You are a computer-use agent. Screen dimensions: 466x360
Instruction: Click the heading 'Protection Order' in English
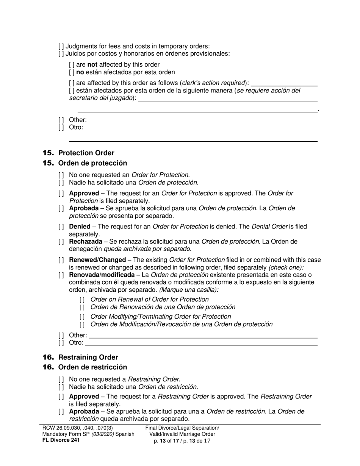[86, 153]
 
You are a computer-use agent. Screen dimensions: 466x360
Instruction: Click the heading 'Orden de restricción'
[92, 367]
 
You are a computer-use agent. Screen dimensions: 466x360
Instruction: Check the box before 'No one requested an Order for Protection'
[61, 175]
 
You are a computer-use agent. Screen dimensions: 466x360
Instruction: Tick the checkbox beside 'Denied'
[61, 227]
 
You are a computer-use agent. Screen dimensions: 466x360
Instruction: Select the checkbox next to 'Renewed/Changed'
[61, 260]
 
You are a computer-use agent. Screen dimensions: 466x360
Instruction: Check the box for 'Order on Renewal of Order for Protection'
[82, 300]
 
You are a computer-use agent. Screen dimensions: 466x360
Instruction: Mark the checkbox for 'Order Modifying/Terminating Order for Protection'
[82, 317]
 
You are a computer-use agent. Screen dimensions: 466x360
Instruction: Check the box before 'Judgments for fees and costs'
[61, 47]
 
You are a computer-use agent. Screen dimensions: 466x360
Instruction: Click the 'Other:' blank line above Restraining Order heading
[203, 336]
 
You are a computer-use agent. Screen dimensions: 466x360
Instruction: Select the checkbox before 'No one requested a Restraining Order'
[61, 379]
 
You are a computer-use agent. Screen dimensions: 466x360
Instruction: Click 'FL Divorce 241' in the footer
[61, 440]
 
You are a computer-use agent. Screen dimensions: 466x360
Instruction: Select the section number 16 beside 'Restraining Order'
[49, 357]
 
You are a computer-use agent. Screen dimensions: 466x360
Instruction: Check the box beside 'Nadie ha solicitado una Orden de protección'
[61, 183]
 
